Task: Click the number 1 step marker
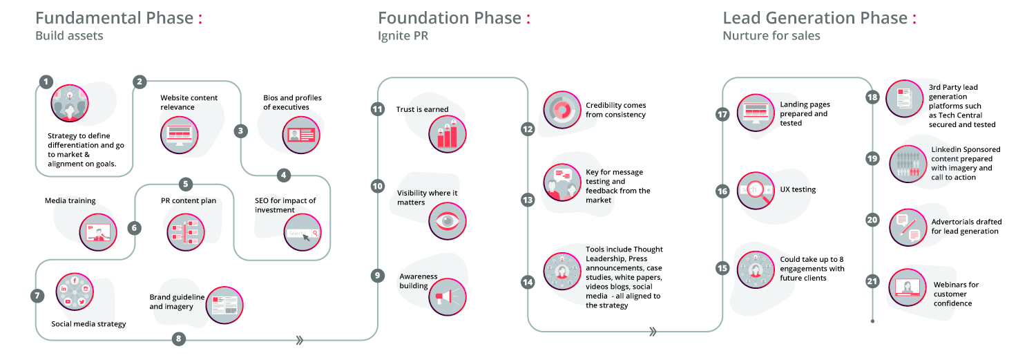click(x=46, y=82)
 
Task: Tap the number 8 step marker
click(x=179, y=339)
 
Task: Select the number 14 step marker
click(x=528, y=281)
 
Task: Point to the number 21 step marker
click(x=872, y=281)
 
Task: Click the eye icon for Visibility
click(x=447, y=221)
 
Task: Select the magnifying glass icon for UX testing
click(x=756, y=191)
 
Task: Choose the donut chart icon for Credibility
click(x=562, y=110)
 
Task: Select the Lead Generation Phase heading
click(x=815, y=18)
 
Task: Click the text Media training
click(x=70, y=201)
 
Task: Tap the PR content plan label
click(x=184, y=201)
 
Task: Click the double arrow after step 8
click(x=299, y=340)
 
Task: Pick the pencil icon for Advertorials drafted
click(x=908, y=227)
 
